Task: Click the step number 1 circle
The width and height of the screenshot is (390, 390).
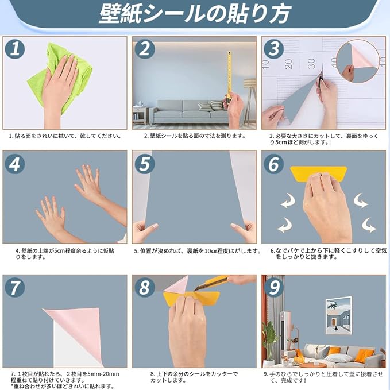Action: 15,48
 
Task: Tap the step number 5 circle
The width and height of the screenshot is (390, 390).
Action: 145,164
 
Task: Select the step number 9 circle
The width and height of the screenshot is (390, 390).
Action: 274,288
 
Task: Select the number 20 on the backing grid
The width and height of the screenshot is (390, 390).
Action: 288,64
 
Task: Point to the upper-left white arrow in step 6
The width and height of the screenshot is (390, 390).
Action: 288,201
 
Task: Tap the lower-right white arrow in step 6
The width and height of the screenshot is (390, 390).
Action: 369,225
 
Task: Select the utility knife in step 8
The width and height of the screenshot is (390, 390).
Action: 211,282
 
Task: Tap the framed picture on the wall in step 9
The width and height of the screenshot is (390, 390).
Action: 338,315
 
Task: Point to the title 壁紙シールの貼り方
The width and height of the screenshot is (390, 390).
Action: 195,14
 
